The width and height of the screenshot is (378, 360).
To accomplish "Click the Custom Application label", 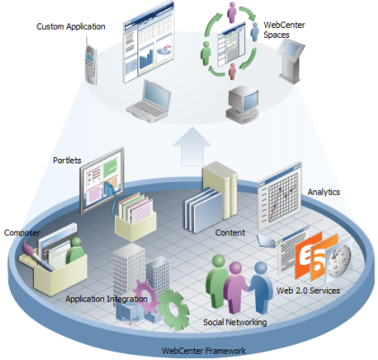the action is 71,27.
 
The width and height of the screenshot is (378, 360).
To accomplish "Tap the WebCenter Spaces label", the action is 284,30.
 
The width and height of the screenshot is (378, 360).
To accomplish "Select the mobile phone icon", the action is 91,62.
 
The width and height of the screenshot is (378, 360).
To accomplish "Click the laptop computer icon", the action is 149,101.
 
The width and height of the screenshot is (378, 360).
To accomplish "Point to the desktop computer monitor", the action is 242,105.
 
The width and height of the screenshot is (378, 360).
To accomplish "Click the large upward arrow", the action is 192,146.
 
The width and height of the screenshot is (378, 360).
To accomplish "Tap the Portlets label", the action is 67,160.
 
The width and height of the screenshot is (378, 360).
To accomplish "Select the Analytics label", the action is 323,192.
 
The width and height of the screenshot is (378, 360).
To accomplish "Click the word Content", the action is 230,233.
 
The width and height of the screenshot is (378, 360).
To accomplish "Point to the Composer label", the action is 22,233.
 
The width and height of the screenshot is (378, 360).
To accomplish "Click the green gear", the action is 173,310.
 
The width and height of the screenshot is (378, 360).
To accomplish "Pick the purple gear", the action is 145,295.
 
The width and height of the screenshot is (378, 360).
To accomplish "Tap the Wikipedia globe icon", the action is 339,260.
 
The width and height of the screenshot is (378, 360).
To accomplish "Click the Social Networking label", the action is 234,322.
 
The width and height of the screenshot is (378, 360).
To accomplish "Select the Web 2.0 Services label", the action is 308,290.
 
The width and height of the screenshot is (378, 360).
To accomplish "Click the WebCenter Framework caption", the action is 204,350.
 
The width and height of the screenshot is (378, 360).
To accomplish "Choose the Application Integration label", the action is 106,299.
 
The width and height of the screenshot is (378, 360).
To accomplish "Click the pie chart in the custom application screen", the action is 163,49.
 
